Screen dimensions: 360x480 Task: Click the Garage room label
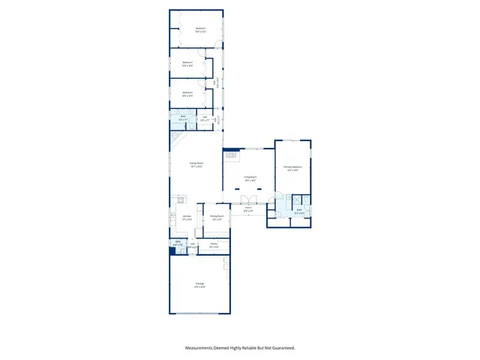(199, 284)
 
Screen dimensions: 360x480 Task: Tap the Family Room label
(196, 165)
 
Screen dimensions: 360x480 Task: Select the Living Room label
(250, 178)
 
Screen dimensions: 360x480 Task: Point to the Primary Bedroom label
(292, 168)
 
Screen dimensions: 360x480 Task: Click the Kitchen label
(187, 217)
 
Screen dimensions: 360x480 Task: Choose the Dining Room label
(216, 217)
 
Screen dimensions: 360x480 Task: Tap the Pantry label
(214, 245)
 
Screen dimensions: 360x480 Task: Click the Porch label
(248, 210)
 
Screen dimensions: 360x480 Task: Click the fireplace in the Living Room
(231, 156)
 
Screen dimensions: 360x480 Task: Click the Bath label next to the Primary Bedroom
(298, 213)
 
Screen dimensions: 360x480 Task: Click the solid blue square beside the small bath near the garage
(173, 251)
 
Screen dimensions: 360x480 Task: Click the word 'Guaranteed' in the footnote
(282, 348)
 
